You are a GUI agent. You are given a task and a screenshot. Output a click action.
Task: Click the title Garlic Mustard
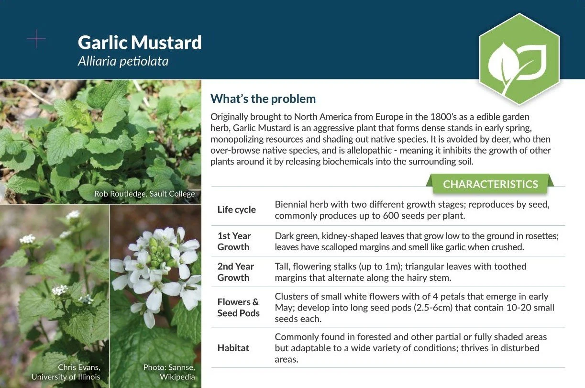pyautogui.click(x=140, y=43)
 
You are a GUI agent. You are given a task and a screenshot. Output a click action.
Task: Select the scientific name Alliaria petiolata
pyautogui.click(x=123, y=61)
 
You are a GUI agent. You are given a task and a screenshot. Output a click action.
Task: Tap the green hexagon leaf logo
pyautogui.click(x=519, y=59)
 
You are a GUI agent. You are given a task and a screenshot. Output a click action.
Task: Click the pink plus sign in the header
pyautogui.click(x=36, y=39)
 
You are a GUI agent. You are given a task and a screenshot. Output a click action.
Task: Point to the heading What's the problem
pyautogui.click(x=263, y=99)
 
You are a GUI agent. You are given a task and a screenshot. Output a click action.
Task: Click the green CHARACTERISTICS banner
pyautogui.click(x=490, y=184)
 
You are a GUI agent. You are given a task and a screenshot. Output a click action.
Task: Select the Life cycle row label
pyautogui.click(x=237, y=210)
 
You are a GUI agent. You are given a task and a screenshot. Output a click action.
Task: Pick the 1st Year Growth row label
pyautogui.click(x=234, y=242)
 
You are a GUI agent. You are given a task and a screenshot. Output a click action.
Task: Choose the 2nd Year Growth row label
pyautogui.click(x=235, y=272)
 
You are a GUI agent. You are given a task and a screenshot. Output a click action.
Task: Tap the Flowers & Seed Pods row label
pyautogui.click(x=238, y=308)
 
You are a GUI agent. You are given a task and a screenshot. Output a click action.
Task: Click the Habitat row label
pyautogui.click(x=233, y=348)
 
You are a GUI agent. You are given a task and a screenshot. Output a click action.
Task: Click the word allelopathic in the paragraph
pyautogui.click(x=369, y=151)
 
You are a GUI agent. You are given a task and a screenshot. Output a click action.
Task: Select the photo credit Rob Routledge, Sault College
pyautogui.click(x=144, y=194)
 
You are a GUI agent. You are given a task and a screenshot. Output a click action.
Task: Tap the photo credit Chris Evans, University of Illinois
pyautogui.click(x=66, y=372)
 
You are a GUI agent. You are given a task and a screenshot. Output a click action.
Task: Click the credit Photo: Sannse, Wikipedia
pyautogui.click(x=169, y=372)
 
